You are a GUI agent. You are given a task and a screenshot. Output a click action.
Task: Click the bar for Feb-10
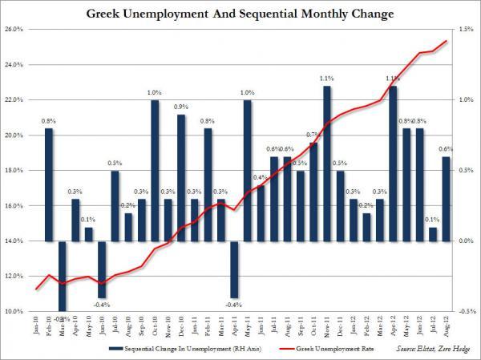click(x=49, y=184)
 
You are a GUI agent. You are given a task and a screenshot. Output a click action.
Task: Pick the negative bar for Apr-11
click(x=234, y=269)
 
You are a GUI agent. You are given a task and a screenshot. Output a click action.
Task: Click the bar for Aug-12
click(x=446, y=198)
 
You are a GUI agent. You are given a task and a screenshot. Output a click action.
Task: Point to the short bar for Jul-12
click(x=433, y=233)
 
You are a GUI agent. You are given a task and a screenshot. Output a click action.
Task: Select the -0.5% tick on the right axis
click(x=466, y=311)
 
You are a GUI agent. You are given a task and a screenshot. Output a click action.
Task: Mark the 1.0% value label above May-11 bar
click(x=248, y=92)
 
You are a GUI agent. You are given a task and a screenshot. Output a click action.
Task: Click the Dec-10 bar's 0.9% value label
click(x=181, y=107)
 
